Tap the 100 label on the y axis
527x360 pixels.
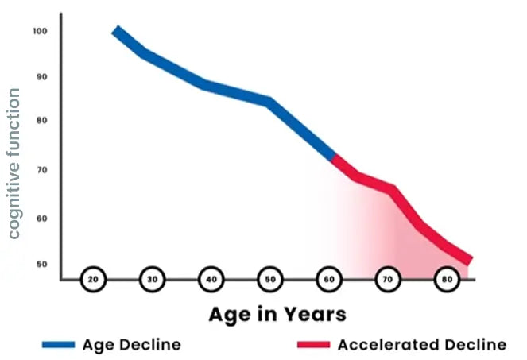tap(41, 31)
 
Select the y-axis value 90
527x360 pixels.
tap(41, 77)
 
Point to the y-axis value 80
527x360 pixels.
tap(41, 121)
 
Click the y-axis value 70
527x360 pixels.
tap(41, 170)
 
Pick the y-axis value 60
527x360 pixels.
tap(41, 218)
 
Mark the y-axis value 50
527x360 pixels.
tap(41, 264)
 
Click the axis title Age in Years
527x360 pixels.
tap(277, 314)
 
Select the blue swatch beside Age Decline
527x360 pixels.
tap(59, 345)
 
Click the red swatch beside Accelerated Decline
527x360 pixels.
tap(314, 345)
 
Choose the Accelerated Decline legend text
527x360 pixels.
tap(421, 345)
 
